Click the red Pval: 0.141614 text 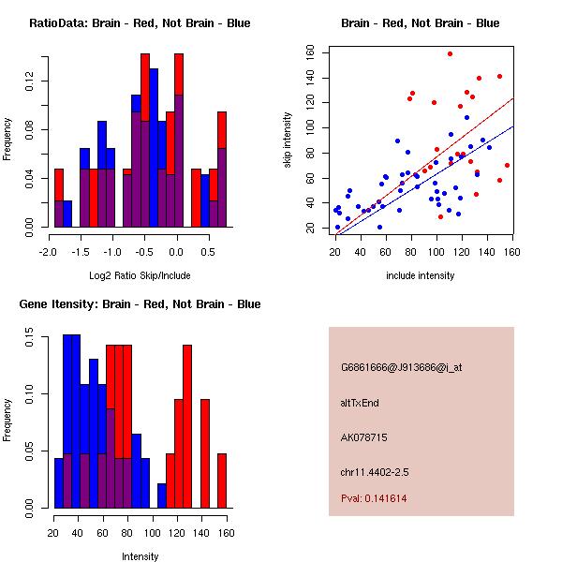(374, 498)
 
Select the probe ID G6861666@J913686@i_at (402, 368)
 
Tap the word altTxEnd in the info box (360, 403)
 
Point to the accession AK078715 (363, 437)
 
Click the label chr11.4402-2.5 (375, 472)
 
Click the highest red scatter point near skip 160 (450, 54)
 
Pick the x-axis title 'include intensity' (420, 275)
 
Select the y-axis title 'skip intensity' (288, 140)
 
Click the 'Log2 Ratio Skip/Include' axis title (140, 275)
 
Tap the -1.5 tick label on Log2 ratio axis (81, 252)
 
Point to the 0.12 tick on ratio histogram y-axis (29, 81)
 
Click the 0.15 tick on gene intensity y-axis (29, 337)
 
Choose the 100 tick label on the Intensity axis (153, 533)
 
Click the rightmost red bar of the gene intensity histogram (222, 481)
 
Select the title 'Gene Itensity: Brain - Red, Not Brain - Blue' (140, 304)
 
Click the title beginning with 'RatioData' (140, 23)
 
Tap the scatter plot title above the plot (420, 23)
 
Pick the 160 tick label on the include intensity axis (511, 252)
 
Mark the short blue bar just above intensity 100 (162, 495)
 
